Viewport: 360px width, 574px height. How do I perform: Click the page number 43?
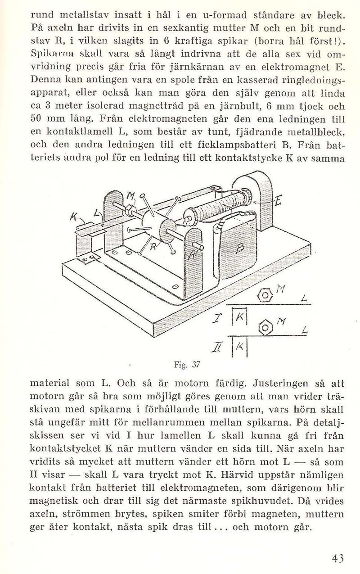337,559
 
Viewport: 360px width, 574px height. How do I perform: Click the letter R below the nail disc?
153,247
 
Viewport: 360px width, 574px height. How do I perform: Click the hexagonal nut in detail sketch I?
265,295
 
